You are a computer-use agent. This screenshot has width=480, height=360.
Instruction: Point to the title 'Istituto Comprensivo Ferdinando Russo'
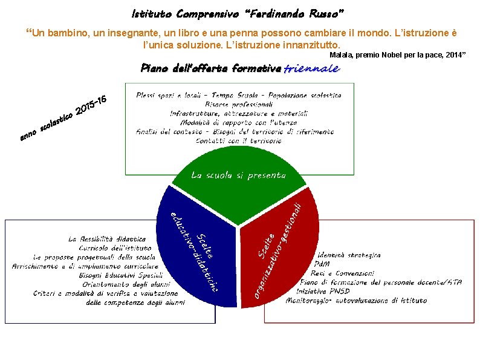point(238,13)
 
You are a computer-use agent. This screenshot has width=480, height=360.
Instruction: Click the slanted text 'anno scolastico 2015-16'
point(63,117)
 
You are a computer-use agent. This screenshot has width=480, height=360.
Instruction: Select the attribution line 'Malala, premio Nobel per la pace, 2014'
point(397,55)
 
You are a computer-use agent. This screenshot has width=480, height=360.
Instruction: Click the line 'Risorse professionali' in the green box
point(238,104)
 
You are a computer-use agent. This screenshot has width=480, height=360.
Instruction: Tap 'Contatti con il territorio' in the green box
point(238,140)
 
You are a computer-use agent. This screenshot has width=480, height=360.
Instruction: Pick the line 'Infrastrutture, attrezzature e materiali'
point(238,113)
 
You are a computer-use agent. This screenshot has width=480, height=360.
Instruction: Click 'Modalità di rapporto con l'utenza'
point(238,122)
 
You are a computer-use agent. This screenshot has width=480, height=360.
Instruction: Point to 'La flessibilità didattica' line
point(107,239)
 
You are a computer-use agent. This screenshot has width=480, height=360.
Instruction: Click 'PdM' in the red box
point(322,264)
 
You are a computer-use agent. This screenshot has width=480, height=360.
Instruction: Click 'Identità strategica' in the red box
point(349,255)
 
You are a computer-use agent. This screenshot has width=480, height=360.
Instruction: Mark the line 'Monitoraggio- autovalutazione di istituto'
point(356,300)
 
